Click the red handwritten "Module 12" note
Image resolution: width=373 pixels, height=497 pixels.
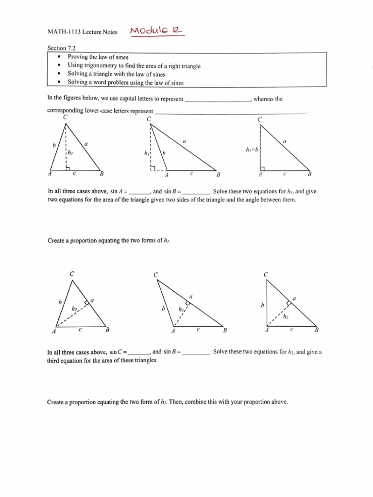click(x=156, y=32)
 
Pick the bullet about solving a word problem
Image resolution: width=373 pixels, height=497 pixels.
click(x=126, y=83)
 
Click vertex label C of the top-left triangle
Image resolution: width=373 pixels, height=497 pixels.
click(x=65, y=116)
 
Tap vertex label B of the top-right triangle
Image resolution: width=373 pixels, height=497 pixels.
click(x=310, y=174)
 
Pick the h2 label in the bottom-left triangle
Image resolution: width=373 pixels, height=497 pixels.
click(x=75, y=309)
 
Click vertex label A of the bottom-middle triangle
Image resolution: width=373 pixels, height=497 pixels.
click(x=173, y=331)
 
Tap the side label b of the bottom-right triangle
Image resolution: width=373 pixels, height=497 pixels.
click(x=262, y=306)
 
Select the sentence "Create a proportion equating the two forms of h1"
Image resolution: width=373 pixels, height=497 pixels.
click(x=109, y=241)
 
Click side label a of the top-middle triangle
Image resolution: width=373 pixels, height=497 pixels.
click(x=184, y=141)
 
